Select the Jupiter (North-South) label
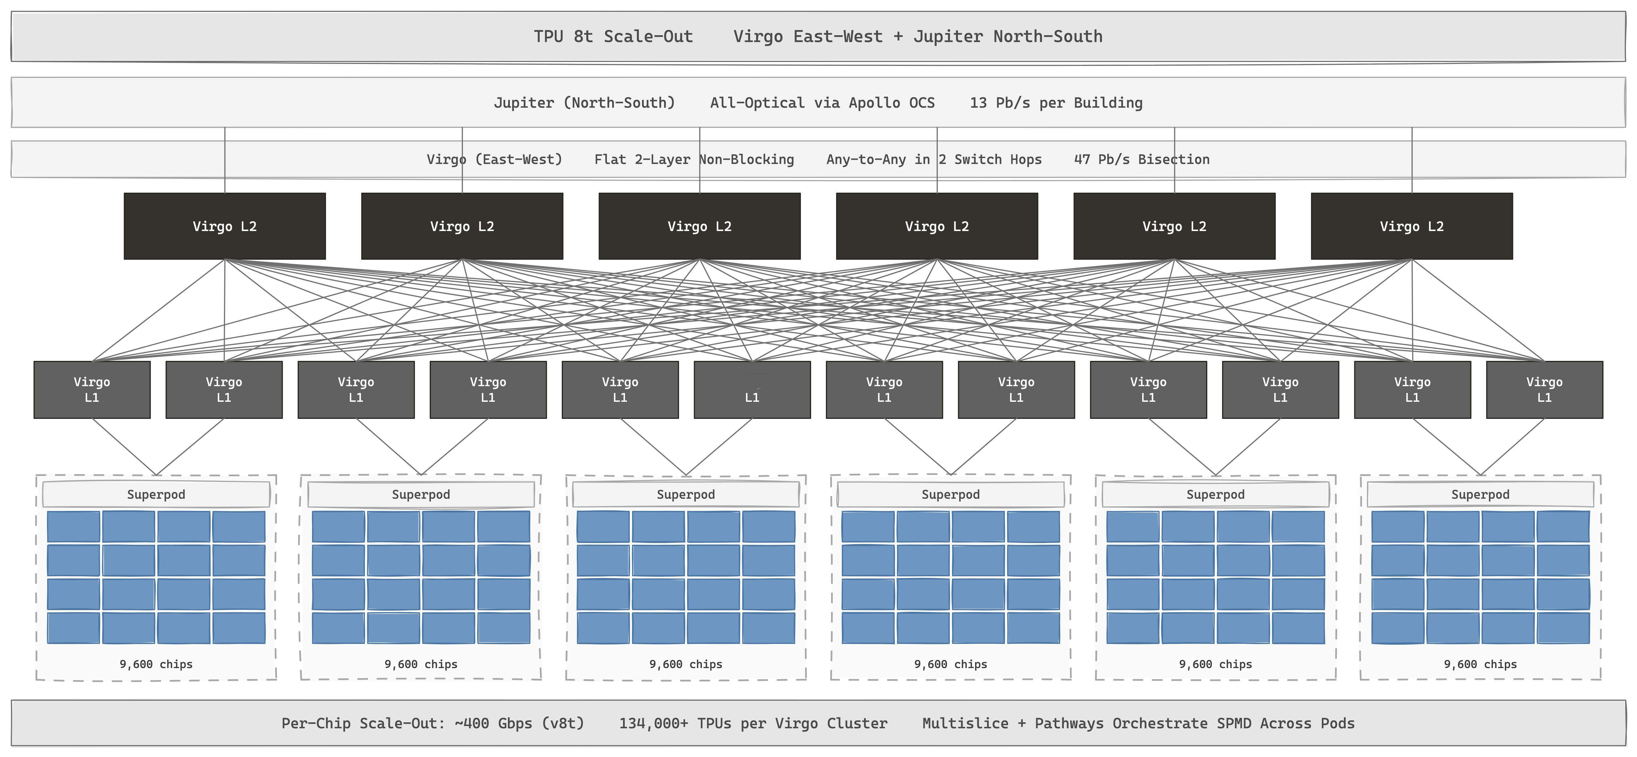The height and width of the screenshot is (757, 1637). coord(584,103)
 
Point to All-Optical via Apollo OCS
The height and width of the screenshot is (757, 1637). coord(822,103)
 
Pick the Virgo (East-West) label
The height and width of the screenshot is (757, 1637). coord(495,159)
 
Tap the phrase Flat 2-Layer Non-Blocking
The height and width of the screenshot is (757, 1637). coord(694,159)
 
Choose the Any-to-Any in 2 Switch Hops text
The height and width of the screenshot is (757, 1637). coord(934,159)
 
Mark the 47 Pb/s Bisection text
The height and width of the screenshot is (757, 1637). coord(1142,159)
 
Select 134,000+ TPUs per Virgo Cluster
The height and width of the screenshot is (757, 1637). coord(753,723)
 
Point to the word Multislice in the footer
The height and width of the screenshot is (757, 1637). coord(965,723)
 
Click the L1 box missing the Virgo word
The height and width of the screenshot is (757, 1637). coord(752,390)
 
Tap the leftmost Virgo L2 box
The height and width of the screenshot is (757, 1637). coord(225,226)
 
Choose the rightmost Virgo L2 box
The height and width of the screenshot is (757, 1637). coord(1412,226)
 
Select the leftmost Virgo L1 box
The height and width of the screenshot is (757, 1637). coord(92,390)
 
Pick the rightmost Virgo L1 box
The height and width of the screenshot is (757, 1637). coord(1544,390)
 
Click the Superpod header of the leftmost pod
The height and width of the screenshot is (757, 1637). coord(156,494)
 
